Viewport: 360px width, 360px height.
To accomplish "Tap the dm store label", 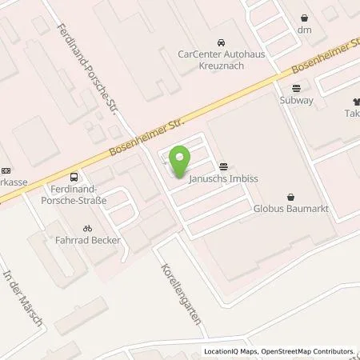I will (304, 30).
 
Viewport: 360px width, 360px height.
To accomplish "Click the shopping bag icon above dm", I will (304, 17).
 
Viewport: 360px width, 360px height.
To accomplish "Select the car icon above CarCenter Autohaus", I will (220, 42).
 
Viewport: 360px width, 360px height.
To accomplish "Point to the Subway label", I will (297, 102).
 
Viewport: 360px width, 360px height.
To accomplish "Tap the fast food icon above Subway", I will (297, 89).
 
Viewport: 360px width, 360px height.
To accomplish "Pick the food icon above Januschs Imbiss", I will (222, 166).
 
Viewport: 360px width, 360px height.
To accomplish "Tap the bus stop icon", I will (74, 178).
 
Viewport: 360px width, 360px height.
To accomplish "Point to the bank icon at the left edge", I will (6, 170).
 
